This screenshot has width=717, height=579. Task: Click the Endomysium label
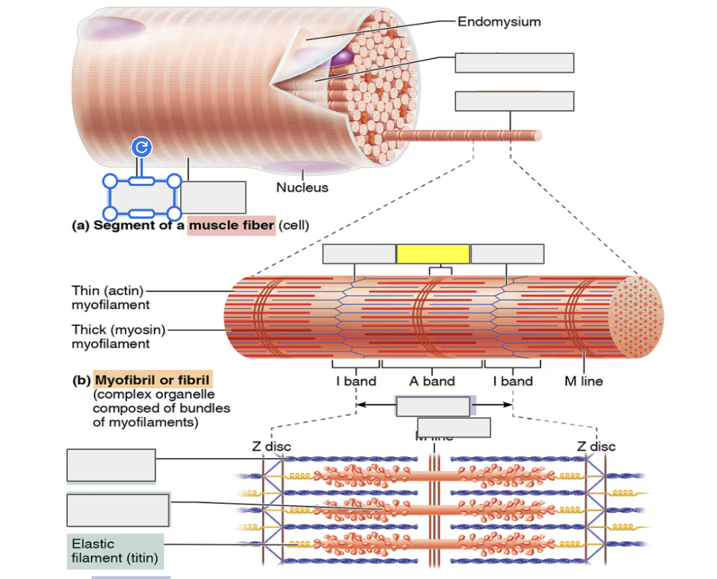click(499, 22)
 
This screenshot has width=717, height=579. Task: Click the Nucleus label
click(302, 187)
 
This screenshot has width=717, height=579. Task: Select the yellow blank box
click(433, 254)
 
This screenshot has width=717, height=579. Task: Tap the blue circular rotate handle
click(141, 148)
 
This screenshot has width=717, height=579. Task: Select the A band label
click(431, 381)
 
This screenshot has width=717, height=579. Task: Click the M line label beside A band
click(584, 381)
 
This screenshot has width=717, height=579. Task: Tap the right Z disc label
click(596, 446)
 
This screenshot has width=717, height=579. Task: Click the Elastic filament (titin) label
click(115, 551)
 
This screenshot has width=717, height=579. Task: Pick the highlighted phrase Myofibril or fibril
click(152, 380)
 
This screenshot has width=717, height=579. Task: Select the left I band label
click(356, 381)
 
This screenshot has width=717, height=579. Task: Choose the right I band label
click(512, 381)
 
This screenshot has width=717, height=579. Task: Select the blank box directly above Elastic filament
click(118, 510)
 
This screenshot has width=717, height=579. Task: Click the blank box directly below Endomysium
click(514, 63)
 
